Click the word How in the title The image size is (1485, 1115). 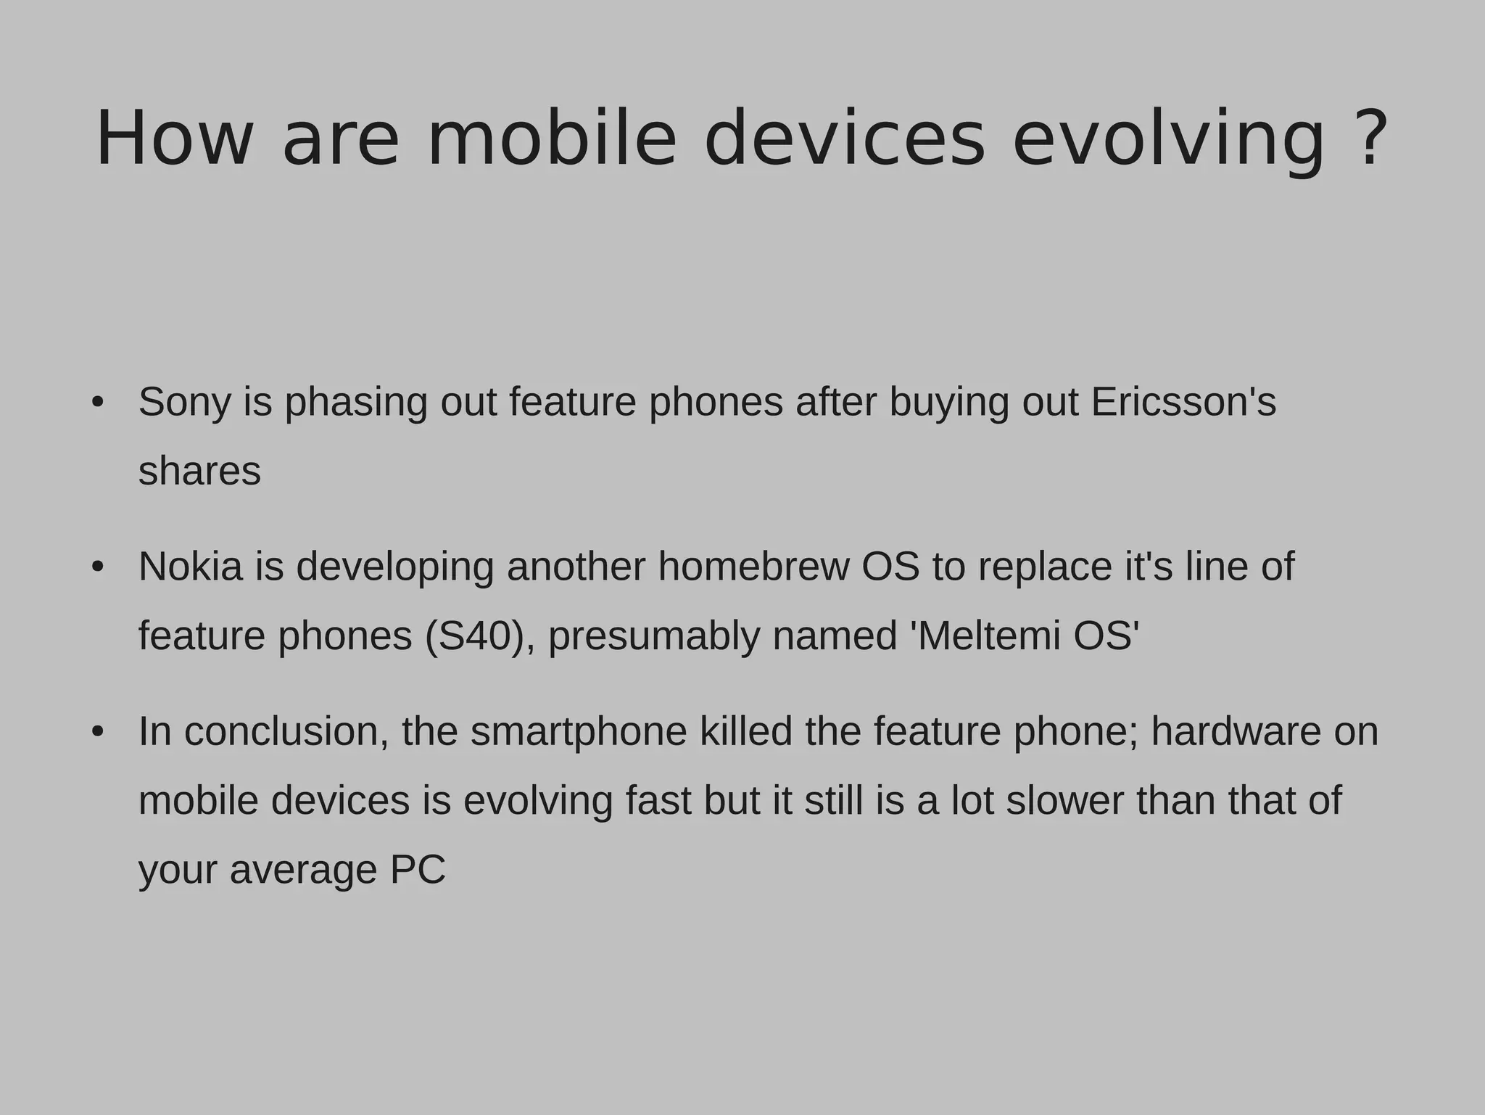point(175,139)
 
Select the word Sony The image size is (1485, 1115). point(184,402)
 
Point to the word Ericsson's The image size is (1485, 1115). point(1183,402)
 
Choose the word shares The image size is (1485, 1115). point(199,472)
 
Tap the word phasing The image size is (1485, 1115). point(356,403)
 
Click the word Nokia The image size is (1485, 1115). point(191,567)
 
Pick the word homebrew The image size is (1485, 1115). point(753,567)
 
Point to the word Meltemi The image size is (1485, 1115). point(988,636)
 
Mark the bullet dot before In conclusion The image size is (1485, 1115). point(98,731)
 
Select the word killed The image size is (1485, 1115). point(746,731)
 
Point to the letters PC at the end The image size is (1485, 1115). point(418,870)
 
